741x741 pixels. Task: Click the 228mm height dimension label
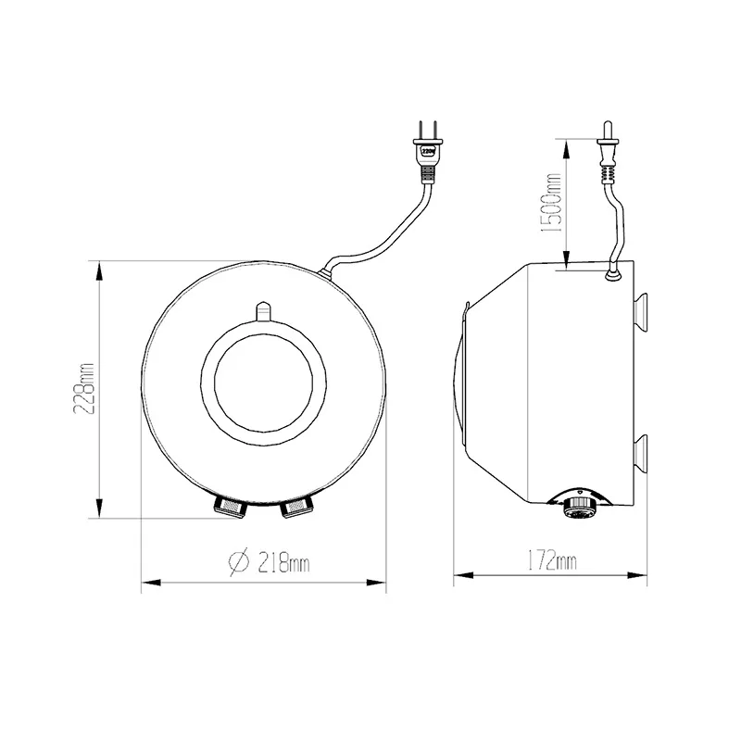[88, 388]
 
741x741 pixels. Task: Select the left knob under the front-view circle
[230, 505]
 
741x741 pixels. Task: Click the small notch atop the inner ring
[263, 308]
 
